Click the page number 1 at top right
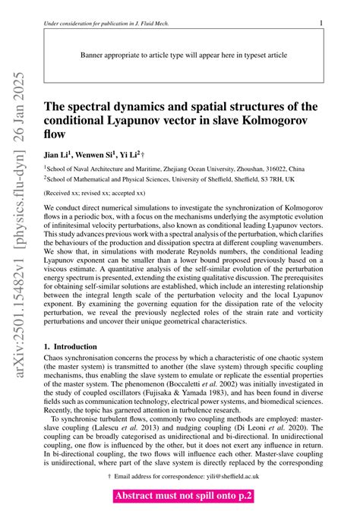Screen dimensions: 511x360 pyautogui.click(x=322, y=24)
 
